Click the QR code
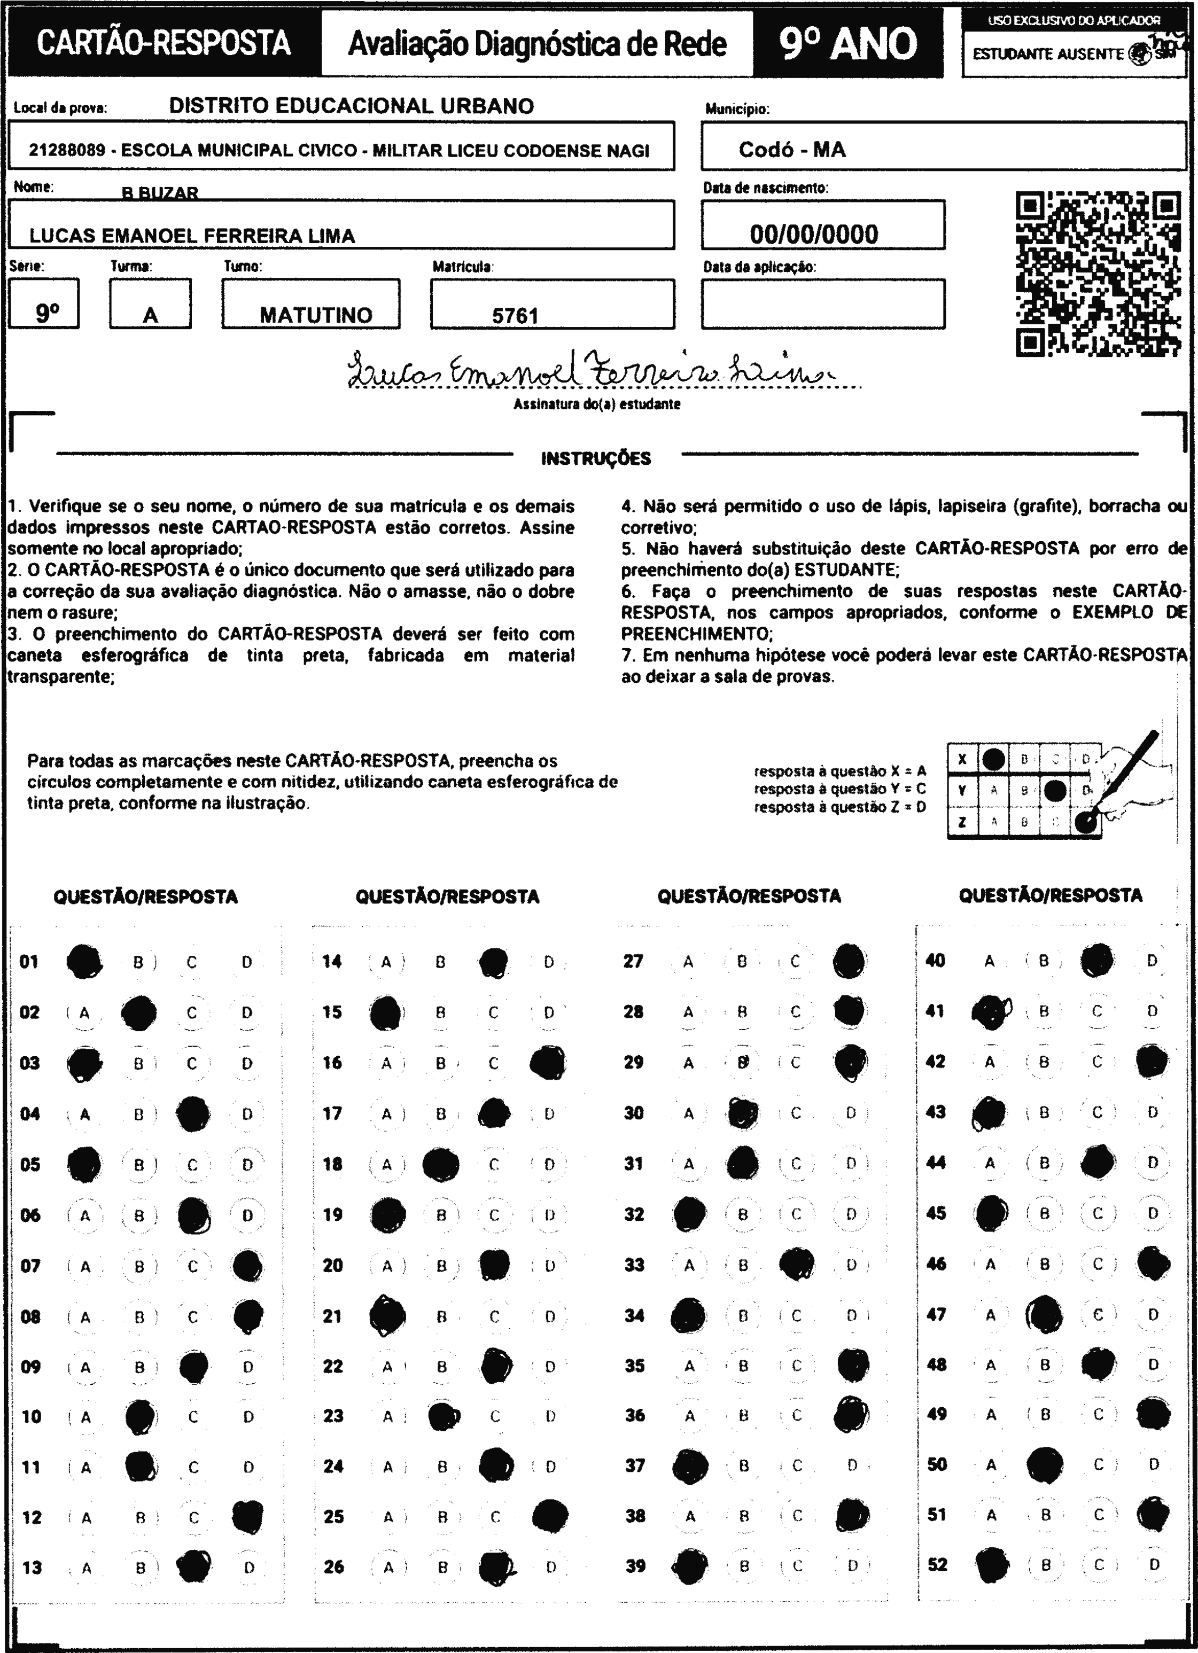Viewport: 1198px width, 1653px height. [x=1098, y=274]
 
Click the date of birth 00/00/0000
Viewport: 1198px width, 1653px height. [x=814, y=234]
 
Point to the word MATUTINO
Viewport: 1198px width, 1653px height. [x=316, y=315]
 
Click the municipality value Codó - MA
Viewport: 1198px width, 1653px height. [x=792, y=150]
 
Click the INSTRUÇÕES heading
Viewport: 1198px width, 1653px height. [x=596, y=458]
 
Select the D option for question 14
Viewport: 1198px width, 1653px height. [x=549, y=962]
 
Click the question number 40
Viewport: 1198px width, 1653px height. [x=935, y=961]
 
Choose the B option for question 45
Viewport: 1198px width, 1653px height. [x=1044, y=1213]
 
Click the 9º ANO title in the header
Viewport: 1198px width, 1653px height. [x=848, y=44]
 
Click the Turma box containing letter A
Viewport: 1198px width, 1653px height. [x=150, y=305]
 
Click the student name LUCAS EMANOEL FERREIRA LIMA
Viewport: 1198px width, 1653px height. [x=192, y=236]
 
